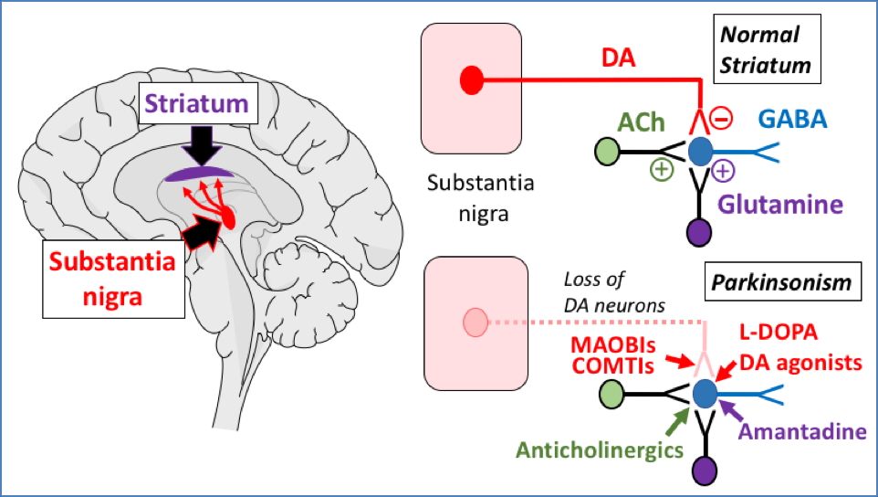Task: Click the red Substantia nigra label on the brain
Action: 111,280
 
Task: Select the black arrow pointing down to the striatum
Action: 197,145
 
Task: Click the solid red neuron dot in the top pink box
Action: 471,80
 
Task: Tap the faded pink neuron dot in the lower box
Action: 475,322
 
